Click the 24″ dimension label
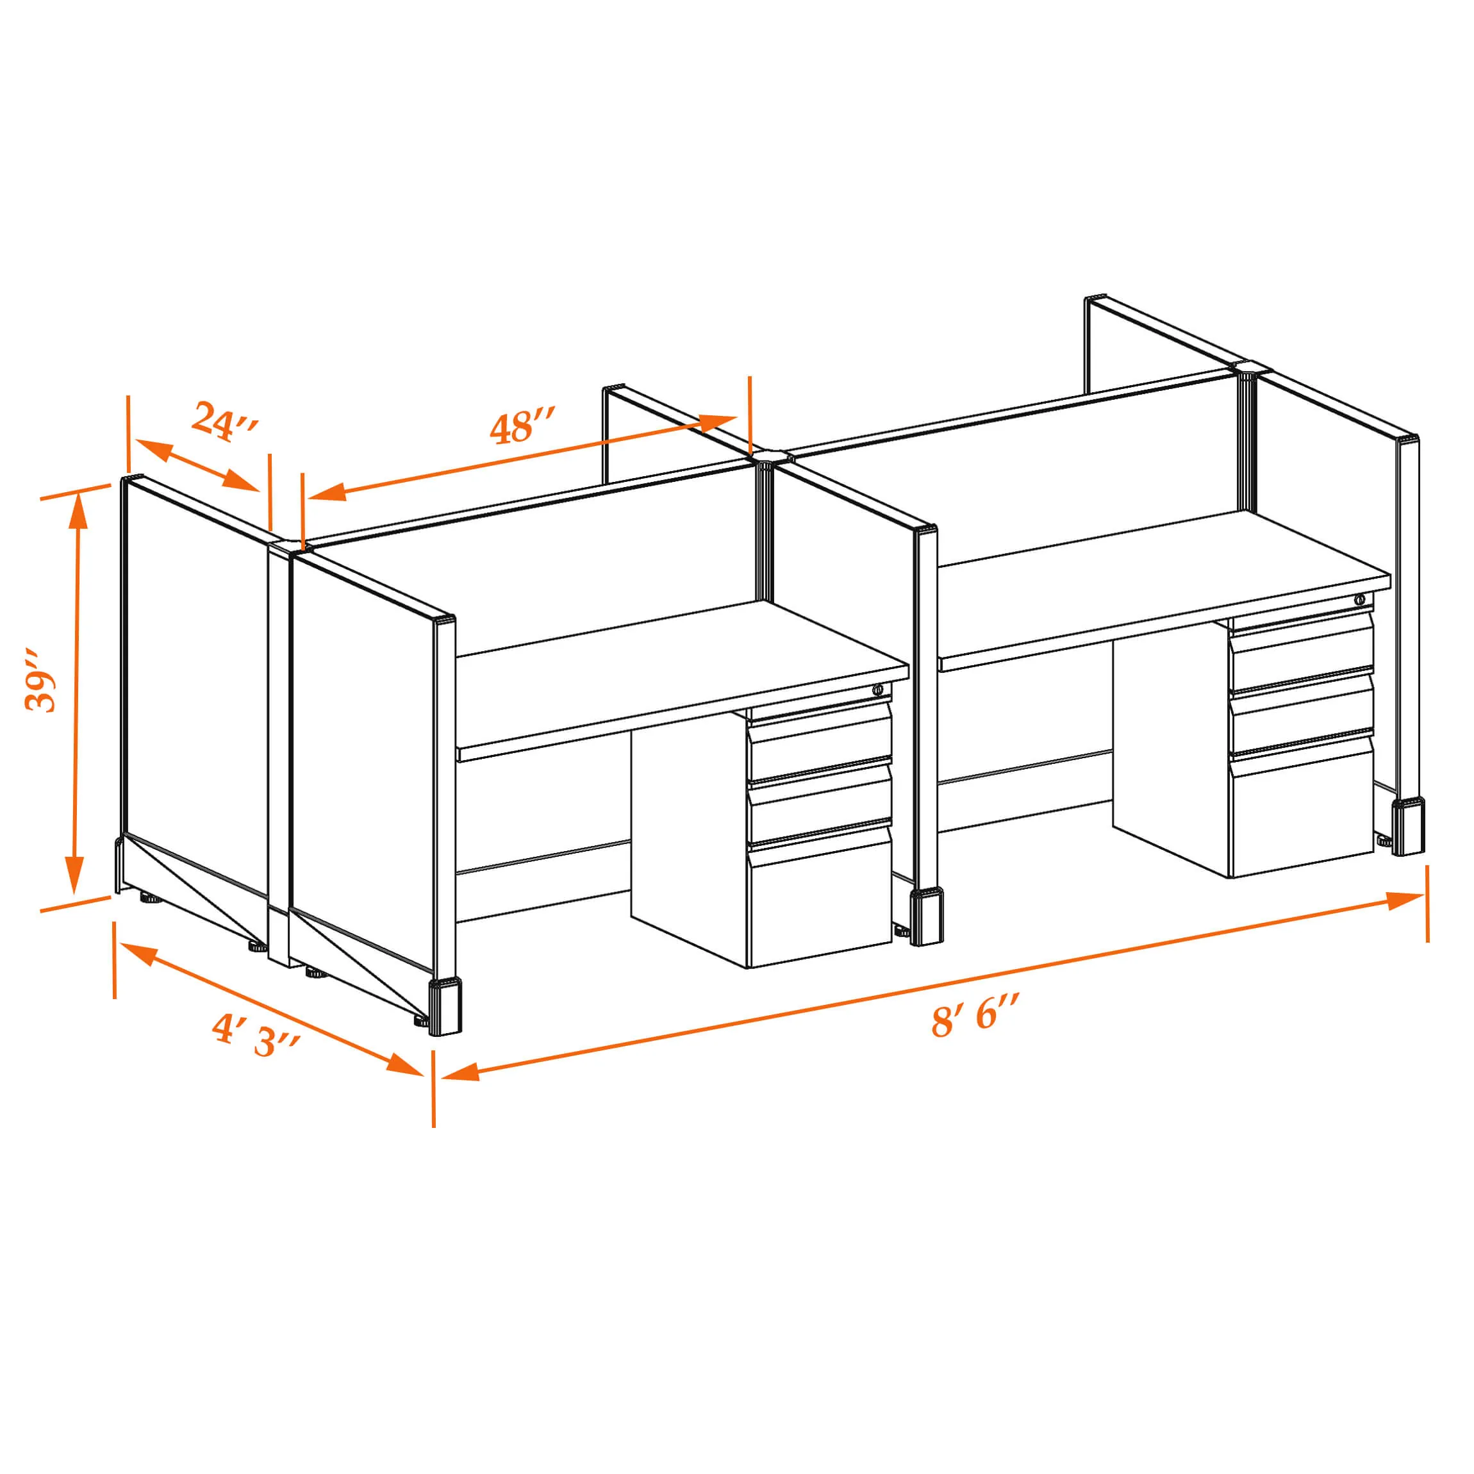(x=226, y=420)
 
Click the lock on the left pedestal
(x=878, y=690)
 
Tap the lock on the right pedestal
(x=1359, y=600)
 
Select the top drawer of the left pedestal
(x=818, y=736)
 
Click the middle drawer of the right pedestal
(x=1300, y=709)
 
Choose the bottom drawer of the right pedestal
(x=1300, y=805)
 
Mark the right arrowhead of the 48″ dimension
(x=718, y=422)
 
